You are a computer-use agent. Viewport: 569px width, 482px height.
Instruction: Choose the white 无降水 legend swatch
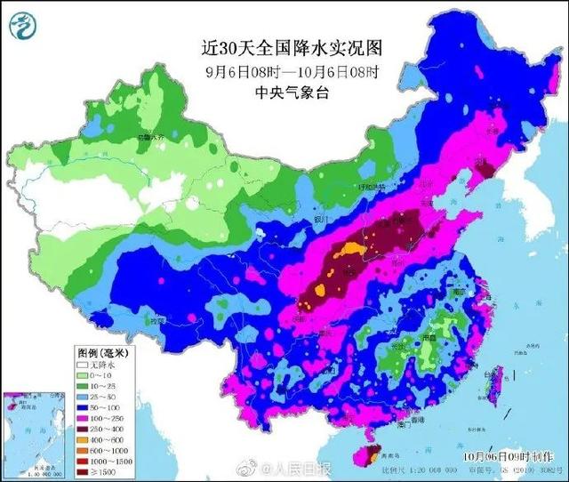pyautogui.click(x=83, y=365)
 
